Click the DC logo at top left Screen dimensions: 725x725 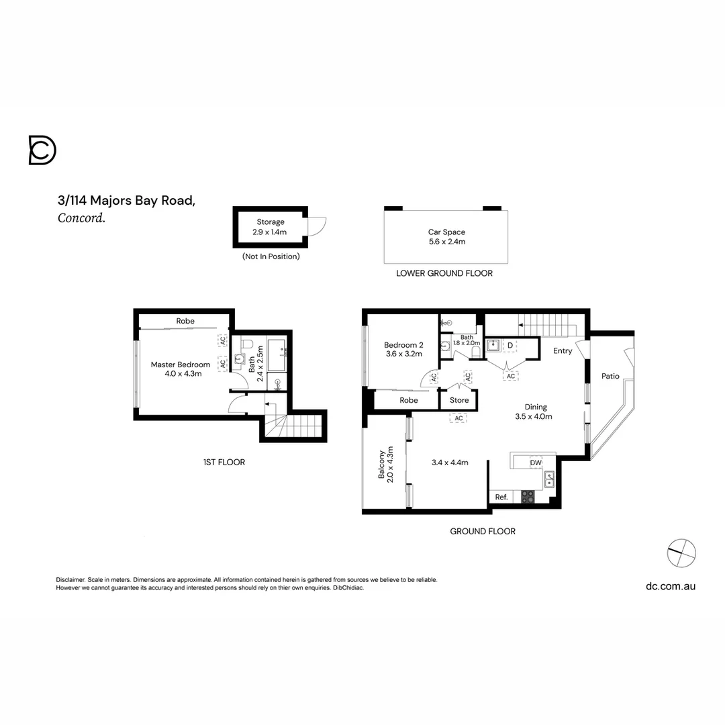pyautogui.click(x=42, y=150)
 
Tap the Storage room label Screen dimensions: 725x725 pyautogui.click(x=271, y=227)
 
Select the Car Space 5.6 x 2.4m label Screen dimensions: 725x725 pyautogui.click(x=446, y=237)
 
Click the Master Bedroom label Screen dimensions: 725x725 pyautogui.click(x=180, y=369)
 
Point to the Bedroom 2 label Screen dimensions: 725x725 pyautogui.click(x=403, y=349)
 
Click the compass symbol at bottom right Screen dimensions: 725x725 pyautogui.click(x=681, y=552)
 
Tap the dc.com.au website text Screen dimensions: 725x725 pyautogui.click(x=670, y=586)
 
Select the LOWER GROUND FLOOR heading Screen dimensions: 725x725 pyautogui.click(x=444, y=273)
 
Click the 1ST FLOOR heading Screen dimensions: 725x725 pyautogui.click(x=224, y=462)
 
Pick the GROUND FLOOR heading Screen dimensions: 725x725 pyautogui.click(x=482, y=531)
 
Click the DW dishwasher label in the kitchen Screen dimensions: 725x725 pyautogui.click(x=536, y=463)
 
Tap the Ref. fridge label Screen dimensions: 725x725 pyautogui.click(x=501, y=497)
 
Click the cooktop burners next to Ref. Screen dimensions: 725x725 pyautogui.click(x=528, y=497)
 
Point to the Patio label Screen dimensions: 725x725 pyautogui.click(x=610, y=376)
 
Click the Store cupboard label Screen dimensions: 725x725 pyautogui.click(x=459, y=400)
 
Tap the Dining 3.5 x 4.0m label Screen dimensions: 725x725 pyautogui.click(x=536, y=412)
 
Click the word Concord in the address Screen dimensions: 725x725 pyautogui.click(x=81, y=217)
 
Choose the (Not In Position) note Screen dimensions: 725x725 pyautogui.click(x=271, y=256)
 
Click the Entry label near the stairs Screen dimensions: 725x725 pyautogui.click(x=563, y=350)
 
